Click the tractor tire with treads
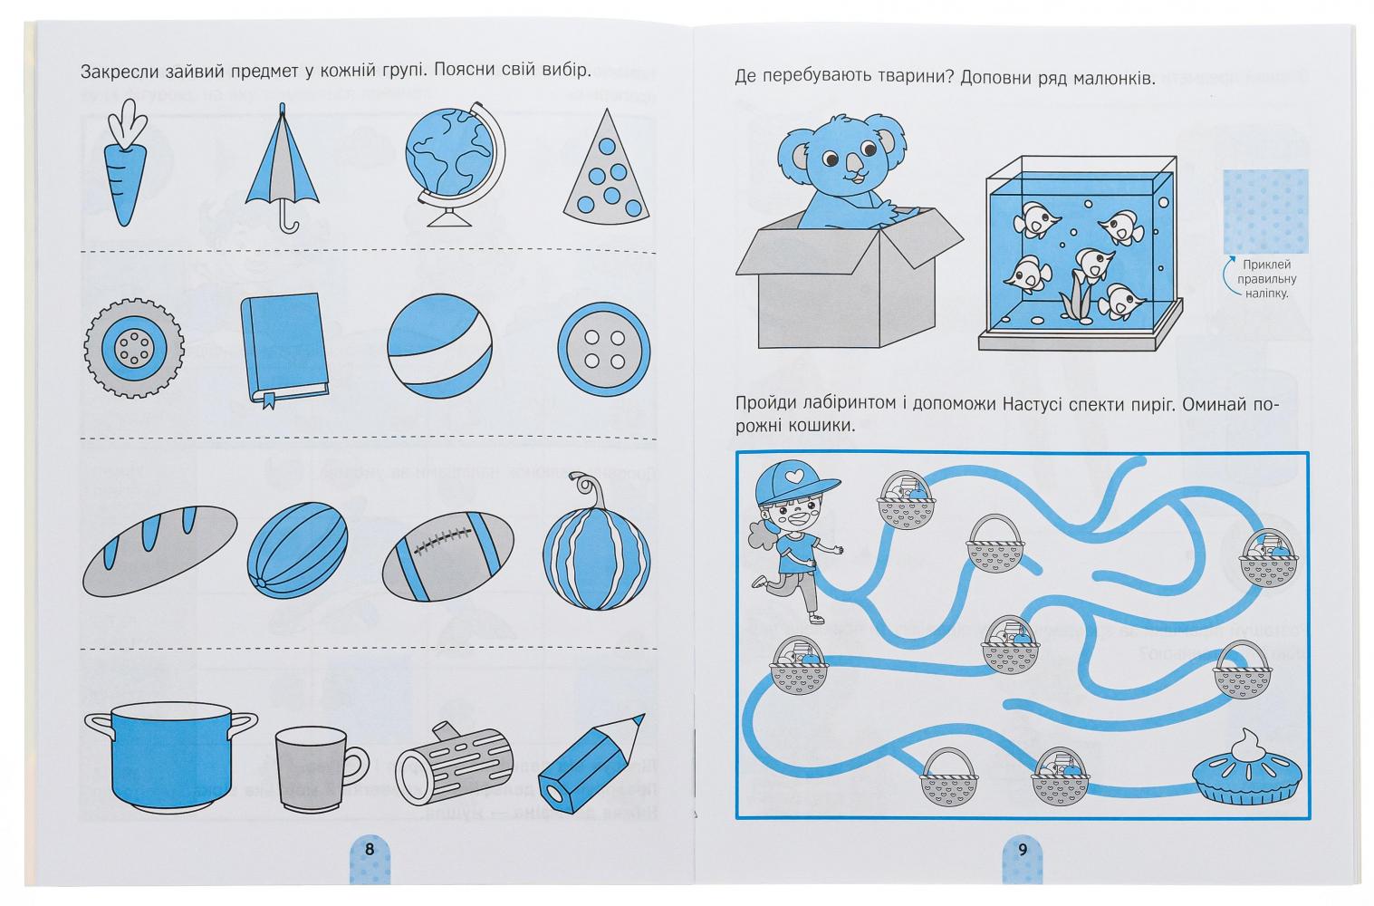(134, 348)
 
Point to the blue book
(284, 348)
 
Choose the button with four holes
(603, 349)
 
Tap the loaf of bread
(159, 550)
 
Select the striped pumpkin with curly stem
(596, 548)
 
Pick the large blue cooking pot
(171, 757)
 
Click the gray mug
(321, 768)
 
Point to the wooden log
(454, 764)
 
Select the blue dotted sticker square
(1265, 212)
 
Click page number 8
(370, 850)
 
